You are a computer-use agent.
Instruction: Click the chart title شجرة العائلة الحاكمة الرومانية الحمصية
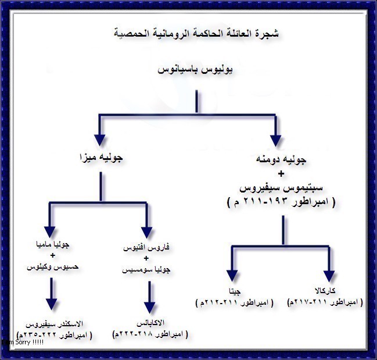[196, 33]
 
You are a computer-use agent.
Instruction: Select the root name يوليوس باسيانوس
[196, 70]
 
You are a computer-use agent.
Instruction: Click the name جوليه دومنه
[282, 159]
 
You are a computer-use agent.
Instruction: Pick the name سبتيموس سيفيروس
[282, 188]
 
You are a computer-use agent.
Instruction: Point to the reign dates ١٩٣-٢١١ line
[282, 202]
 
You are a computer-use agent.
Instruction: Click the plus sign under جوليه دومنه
[282, 173]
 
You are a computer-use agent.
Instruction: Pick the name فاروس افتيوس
[148, 248]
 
